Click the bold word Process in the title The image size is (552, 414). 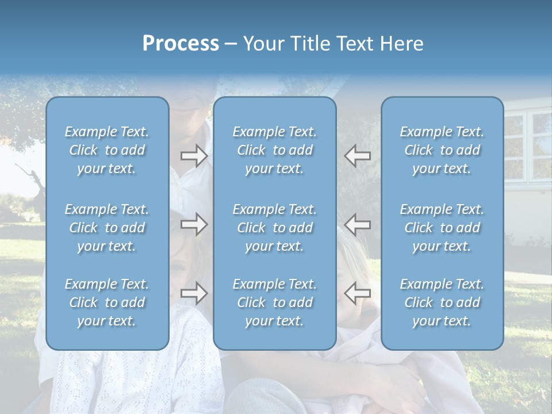[x=181, y=44]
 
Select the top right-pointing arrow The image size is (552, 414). [x=194, y=156]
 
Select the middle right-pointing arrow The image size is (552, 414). [x=194, y=224]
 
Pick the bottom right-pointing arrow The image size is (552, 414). [x=194, y=293]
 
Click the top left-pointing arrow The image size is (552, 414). [x=358, y=156]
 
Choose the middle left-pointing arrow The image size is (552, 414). [x=358, y=224]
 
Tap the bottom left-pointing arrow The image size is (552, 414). [x=358, y=293]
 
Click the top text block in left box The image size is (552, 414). [x=107, y=150]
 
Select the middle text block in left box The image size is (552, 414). [x=107, y=228]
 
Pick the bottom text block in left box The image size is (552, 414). [x=107, y=302]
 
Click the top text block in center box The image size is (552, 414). [x=274, y=150]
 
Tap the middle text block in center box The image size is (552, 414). [x=274, y=228]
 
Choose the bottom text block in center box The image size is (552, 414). [x=274, y=302]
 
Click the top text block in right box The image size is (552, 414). [x=442, y=150]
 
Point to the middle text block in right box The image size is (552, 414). [x=442, y=228]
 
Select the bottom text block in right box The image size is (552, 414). [x=442, y=302]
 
